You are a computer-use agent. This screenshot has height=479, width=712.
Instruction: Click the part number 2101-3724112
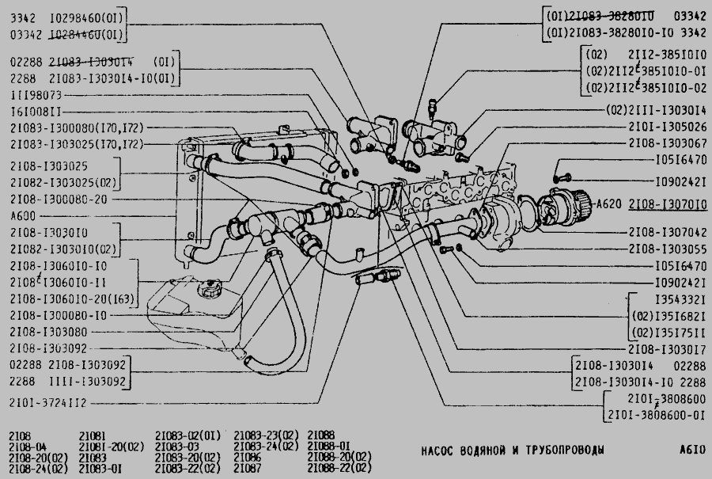pos(49,403)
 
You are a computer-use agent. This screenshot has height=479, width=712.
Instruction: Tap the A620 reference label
pos(608,203)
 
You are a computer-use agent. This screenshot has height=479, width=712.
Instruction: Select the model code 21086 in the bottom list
pos(248,458)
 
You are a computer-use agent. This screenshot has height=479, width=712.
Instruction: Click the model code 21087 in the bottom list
pos(248,469)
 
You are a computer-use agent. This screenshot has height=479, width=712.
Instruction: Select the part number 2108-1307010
pos(668,203)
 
